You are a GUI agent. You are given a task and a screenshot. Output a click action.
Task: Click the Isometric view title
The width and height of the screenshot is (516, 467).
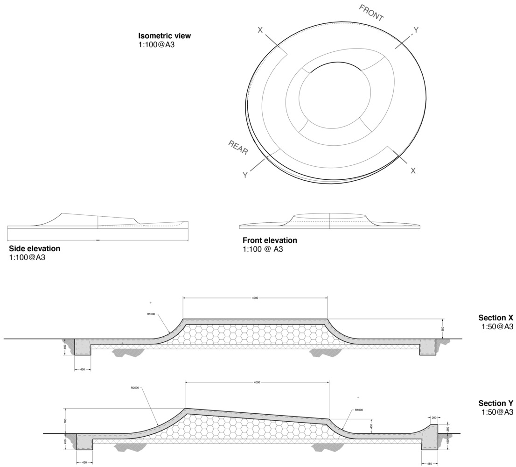click(x=164, y=36)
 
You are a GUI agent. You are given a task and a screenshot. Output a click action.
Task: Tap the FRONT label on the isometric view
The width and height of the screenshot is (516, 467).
click(x=371, y=13)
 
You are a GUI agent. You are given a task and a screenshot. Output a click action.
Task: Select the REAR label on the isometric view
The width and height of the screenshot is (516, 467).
click(x=238, y=147)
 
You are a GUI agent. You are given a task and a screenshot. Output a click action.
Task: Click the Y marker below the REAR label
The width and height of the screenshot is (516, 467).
click(x=245, y=175)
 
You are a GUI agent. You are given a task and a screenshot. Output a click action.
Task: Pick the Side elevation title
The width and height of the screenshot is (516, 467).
click(x=35, y=248)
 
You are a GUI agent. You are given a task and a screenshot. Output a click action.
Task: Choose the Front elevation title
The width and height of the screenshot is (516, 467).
click(x=270, y=241)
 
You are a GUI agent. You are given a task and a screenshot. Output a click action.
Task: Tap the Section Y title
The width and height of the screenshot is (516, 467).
click(x=495, y=403)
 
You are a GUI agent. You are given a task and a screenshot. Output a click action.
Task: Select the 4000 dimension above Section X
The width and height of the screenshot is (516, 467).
click(x=255, y=297)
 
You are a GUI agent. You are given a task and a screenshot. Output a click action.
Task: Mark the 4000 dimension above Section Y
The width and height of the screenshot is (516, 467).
click(x=257, y=382)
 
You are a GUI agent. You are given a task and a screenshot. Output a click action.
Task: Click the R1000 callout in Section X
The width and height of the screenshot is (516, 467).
click(x=151, y=314)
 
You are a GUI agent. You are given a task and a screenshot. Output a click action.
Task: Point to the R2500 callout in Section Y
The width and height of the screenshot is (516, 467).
click(x=136, y=388)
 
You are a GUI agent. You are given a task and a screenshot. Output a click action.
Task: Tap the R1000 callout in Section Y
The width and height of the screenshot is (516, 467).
click(x=359, y=410)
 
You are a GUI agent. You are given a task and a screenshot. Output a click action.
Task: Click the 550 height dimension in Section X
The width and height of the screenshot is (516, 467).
click(x=442, y=329)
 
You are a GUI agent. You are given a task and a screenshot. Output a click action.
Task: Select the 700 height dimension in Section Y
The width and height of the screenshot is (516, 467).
click(x=66, y=420)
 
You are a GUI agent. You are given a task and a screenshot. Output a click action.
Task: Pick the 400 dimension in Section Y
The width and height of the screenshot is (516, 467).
click(x=371, y=426)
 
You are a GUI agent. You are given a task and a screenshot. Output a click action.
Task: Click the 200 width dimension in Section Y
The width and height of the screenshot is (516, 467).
click(x=433, y=417)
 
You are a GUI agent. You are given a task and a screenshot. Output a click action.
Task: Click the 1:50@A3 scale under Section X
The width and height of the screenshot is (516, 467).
click(x=497, y=326)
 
